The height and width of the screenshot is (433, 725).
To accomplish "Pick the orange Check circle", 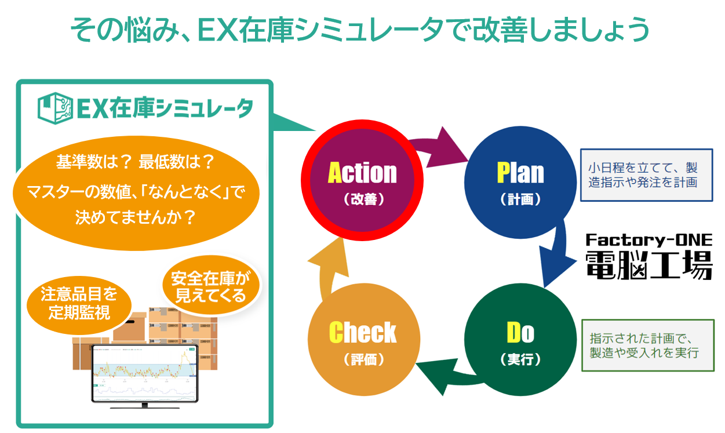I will coord(363,339).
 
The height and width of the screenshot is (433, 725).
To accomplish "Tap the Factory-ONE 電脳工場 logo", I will coord(648,256).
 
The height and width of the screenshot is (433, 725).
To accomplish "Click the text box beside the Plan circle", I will coord(646,175).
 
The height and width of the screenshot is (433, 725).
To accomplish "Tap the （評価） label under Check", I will coord(363,359).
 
